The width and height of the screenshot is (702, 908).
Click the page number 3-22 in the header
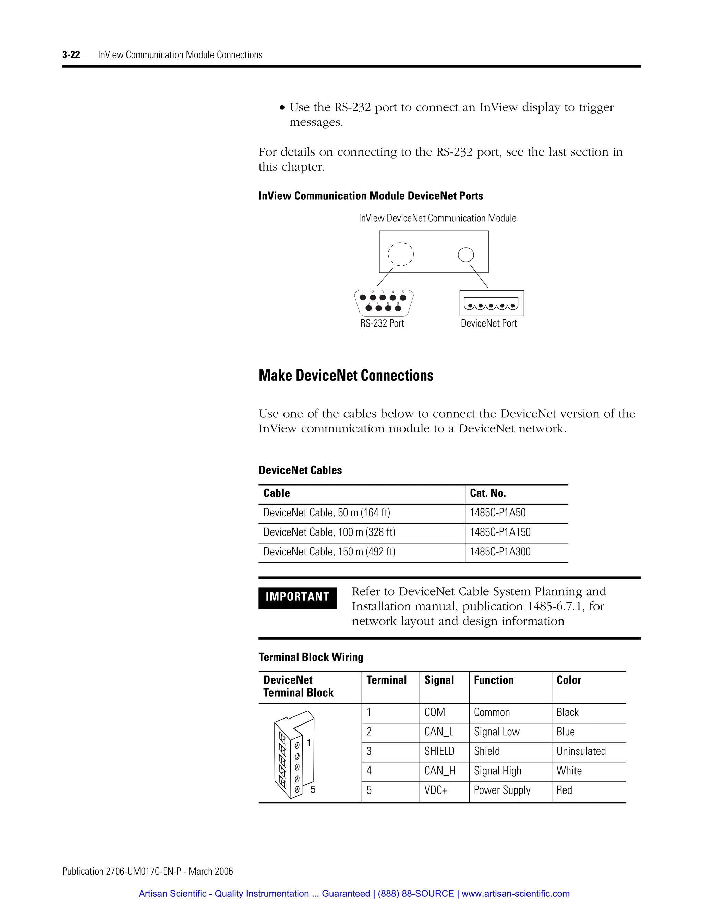pos(71,55)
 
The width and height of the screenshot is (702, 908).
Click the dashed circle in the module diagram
pos(400,254)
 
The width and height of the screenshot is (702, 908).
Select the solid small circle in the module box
pos(466,255)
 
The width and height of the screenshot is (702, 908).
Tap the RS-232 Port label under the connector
pos(382,323)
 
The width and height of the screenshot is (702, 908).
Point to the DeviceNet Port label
pos(489,323)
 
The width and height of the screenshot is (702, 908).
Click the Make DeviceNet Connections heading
pos(346,376)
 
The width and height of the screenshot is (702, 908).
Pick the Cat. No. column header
pos(487,493)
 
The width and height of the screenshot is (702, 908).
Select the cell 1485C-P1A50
pos(497,513)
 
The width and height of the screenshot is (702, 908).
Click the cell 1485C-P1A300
pos(500,552)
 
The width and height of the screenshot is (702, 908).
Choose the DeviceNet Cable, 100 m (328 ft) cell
pos(329,532)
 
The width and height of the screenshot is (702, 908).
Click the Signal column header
pos(439,680)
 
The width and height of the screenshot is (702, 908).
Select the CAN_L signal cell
pos(438,732)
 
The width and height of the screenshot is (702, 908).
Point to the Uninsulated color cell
pos(581,751)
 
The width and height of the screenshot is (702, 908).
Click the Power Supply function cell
pos(502,790)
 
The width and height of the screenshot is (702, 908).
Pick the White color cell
pos(569,771)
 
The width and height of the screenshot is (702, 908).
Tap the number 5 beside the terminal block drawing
pos(313,789)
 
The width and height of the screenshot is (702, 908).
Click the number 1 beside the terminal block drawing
pos(308,743)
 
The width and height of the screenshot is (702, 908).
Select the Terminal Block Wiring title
pos(311,657)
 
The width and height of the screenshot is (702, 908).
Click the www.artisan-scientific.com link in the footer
pos(515,894)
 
